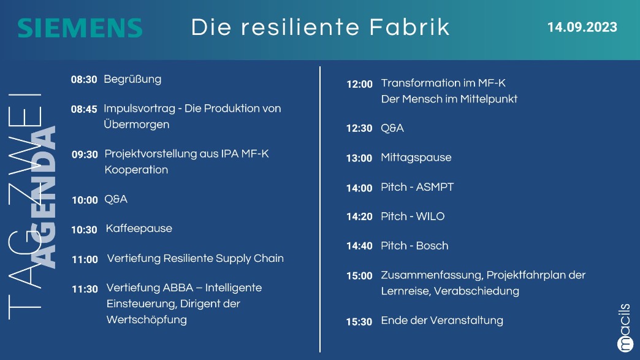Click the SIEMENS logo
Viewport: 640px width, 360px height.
point(80,28)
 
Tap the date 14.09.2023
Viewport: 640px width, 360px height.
point(582,27)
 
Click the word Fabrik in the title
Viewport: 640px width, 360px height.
point(410,27)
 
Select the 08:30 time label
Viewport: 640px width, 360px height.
point(84,80)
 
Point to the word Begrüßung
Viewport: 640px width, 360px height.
point(132,79)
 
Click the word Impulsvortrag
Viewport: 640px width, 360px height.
point(140,109)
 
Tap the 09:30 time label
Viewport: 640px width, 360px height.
point(85,155)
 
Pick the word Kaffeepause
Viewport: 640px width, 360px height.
point(139,229)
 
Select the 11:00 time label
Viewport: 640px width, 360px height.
point(85,259)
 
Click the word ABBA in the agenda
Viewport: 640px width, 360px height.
point(178,288)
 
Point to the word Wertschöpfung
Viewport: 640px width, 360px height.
point(147,320)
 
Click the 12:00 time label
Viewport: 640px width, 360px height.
point(360,84)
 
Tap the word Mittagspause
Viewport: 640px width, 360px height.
point(416,158)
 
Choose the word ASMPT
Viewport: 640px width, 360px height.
point(435,187)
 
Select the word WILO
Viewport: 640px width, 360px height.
point(430,216)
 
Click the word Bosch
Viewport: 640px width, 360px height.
point(432,246)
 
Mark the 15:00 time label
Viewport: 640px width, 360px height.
point(360,276)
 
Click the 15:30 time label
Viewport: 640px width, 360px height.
point(360,322)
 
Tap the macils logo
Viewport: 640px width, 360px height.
point(625,327)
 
